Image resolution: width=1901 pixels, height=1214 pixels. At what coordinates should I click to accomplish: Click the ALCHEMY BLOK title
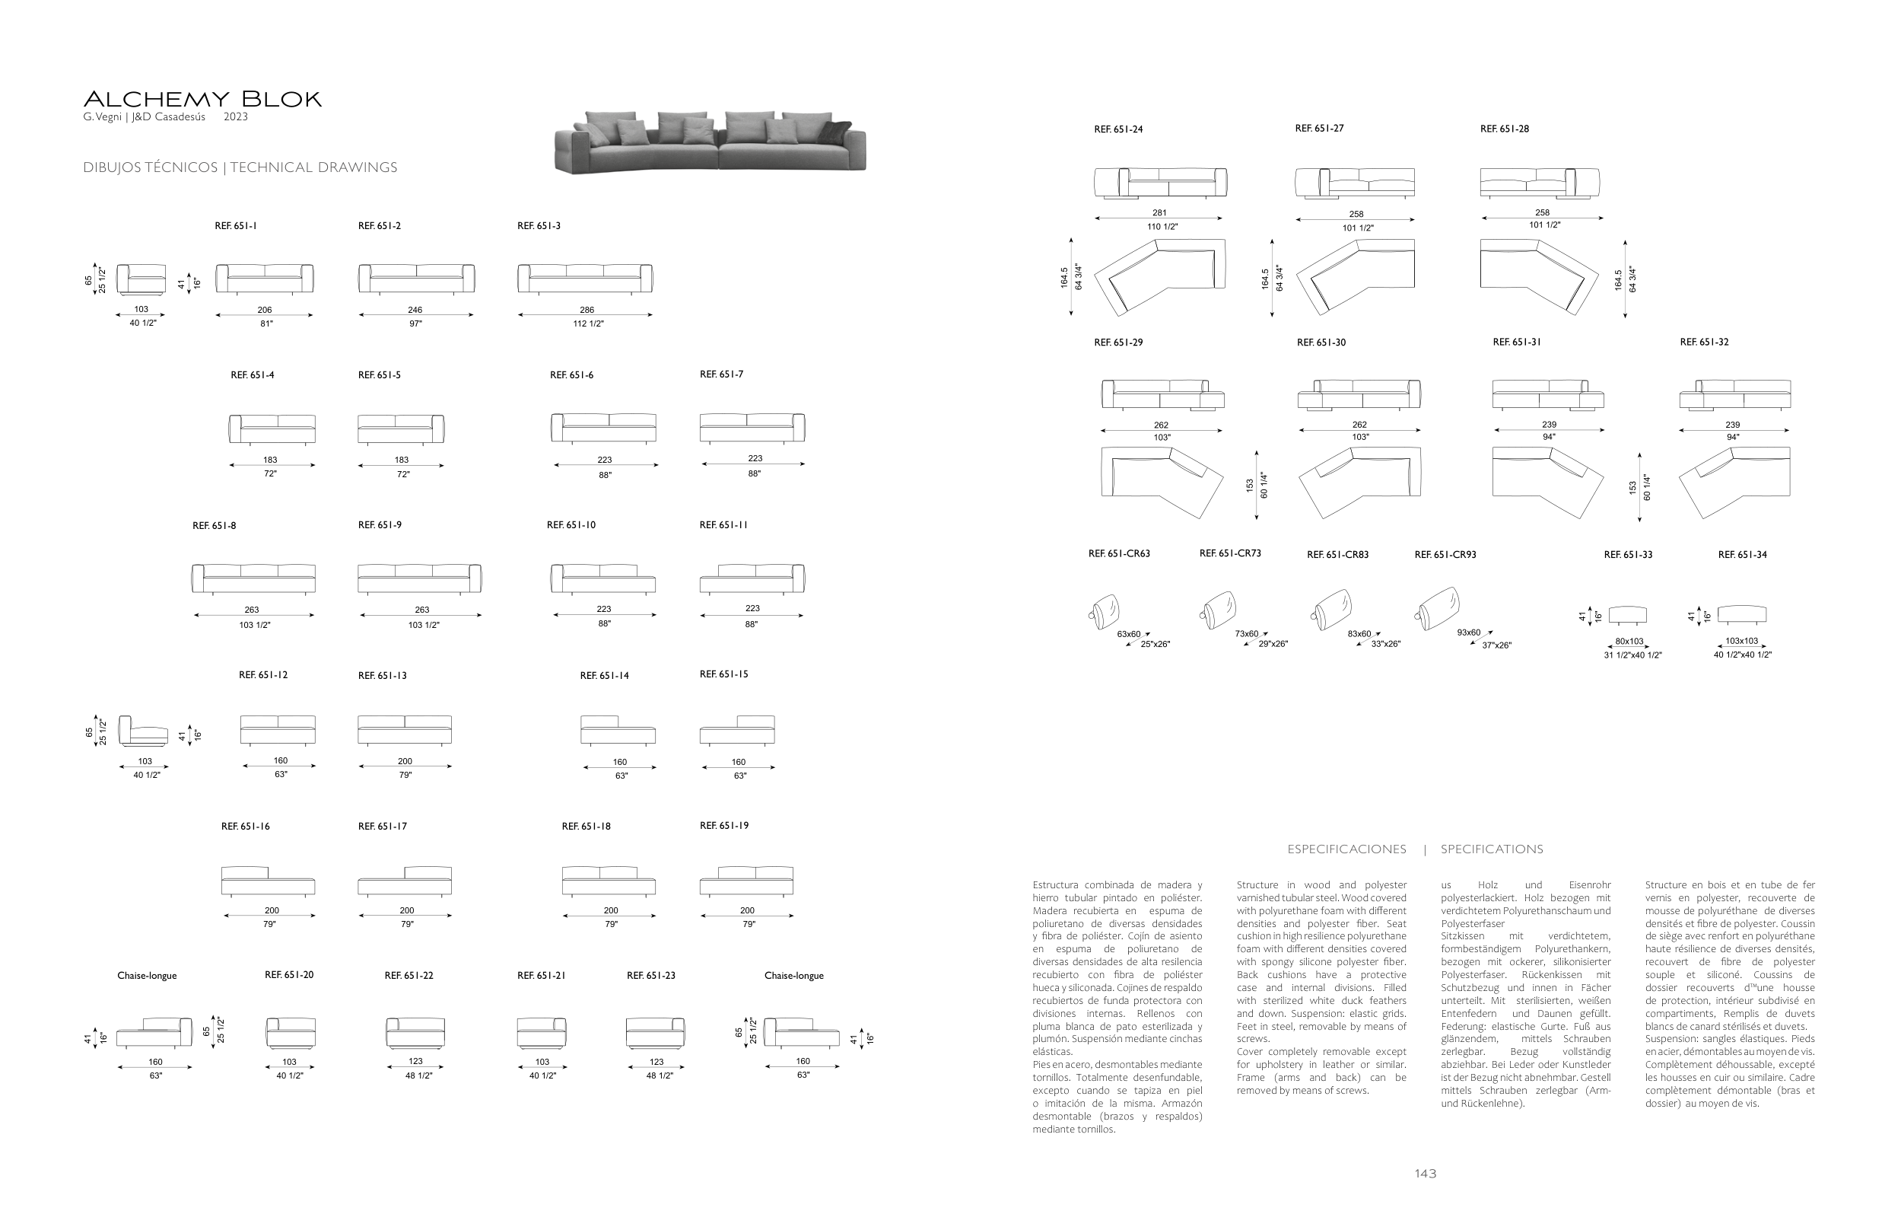coord(202,100)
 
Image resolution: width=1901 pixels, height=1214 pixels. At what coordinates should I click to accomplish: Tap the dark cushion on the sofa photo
coord(836,132)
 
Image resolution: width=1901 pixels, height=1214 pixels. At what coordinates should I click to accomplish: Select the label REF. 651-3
coord(539,226)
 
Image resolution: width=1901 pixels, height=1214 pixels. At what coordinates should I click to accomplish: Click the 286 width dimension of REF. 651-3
coord(587,310)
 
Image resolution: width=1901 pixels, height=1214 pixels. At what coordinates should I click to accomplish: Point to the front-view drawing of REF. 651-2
coord(416,278)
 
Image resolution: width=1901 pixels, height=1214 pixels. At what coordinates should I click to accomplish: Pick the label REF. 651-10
coord(571,525)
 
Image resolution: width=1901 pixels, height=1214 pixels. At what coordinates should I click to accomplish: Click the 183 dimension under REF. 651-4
coord(271,460)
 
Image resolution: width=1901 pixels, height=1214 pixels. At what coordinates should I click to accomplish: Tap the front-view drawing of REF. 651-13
coord(404,729)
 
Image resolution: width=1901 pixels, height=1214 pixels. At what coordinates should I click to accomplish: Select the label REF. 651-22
coord(408,976)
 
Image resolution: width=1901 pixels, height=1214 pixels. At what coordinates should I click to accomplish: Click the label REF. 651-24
coord(1118,129)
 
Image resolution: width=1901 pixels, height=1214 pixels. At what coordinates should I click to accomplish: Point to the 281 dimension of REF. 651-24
coord(1159,212)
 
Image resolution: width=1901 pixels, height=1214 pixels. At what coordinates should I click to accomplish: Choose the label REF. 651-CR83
coord(1337,554)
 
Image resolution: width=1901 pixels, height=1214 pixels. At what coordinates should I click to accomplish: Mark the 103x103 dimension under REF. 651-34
coord(1740,642)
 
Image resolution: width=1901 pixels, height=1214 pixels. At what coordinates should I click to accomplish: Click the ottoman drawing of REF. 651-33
coord(1627,614)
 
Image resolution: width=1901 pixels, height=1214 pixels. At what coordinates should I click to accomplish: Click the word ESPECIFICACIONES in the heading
coord(1346,849)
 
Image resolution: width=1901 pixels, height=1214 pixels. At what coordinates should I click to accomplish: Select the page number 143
coord(1425,1174)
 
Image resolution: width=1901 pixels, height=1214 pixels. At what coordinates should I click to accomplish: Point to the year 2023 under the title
coord(235,117)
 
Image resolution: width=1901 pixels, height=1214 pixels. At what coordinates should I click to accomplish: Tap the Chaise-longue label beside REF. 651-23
coord(793,976)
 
